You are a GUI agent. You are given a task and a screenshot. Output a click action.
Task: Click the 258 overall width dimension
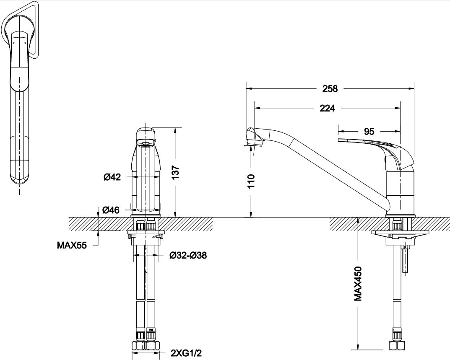tap(330, 88)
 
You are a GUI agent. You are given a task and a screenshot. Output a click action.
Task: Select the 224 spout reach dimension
tap(328, 108)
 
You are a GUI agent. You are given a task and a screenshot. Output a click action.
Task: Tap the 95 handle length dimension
tap(369, 131)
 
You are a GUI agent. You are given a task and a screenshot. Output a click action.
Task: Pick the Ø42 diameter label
tap(112, 177)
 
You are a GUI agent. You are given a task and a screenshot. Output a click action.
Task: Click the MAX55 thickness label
tap(72, 246)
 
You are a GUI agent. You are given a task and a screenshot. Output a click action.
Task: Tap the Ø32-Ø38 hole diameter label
tap(188, 255)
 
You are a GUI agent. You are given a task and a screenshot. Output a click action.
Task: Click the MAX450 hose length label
tap(358, 284)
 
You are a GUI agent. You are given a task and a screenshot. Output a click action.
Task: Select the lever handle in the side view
tap(376, 152)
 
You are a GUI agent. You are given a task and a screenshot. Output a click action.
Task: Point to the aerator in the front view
tap(146, 142)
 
